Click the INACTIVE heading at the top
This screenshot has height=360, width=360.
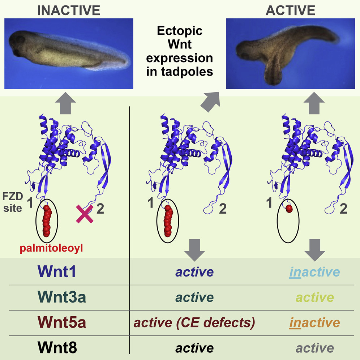click(x=69, y=10)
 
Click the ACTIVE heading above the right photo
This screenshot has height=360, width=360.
click(x=291, y=10)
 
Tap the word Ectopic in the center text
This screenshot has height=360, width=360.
click(x=180, y=31)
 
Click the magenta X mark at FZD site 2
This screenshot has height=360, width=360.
click(x=85, y=214)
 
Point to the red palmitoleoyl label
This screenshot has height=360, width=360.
click(x=51, y=248)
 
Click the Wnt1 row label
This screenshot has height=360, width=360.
click(x=56, y=271)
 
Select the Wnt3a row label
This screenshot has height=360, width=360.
click(x=61, y=297)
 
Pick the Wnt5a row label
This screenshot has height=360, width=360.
click(x=61, y=322)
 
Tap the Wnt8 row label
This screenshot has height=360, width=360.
click(x=57, y=347)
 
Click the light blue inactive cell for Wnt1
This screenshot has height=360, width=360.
click(x=314, y=272)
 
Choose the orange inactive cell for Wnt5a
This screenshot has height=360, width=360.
click(x=314, y=322)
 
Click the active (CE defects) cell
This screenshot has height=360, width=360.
click(x=194, y=323)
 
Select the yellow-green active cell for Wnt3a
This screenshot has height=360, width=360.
click(x=314, y=297)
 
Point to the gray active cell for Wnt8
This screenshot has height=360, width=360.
click(x=314, y=348)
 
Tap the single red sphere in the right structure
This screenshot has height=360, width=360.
click(x=289, y=209)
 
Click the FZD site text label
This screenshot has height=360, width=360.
click(x=13, y=202)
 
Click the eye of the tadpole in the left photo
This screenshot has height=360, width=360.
click(x=17, y=53)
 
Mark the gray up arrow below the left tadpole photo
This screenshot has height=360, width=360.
click(x=66, y=103)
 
